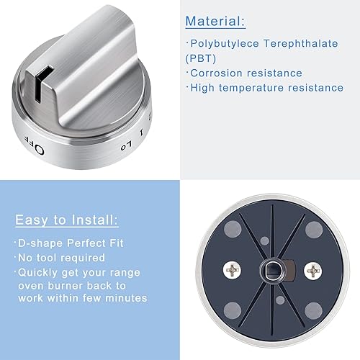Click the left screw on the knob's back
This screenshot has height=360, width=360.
coord(234,270)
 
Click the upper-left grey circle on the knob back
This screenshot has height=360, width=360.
coord(232,230)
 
